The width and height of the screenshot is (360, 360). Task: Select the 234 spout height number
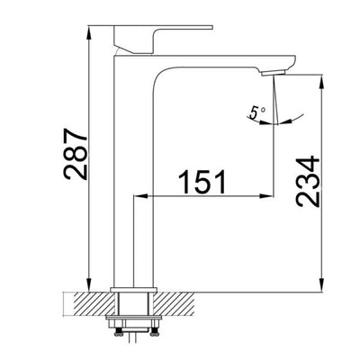pos(307,184)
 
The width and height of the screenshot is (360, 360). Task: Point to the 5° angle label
pos(258,112)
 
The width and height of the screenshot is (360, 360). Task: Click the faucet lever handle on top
pos(161,36)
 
